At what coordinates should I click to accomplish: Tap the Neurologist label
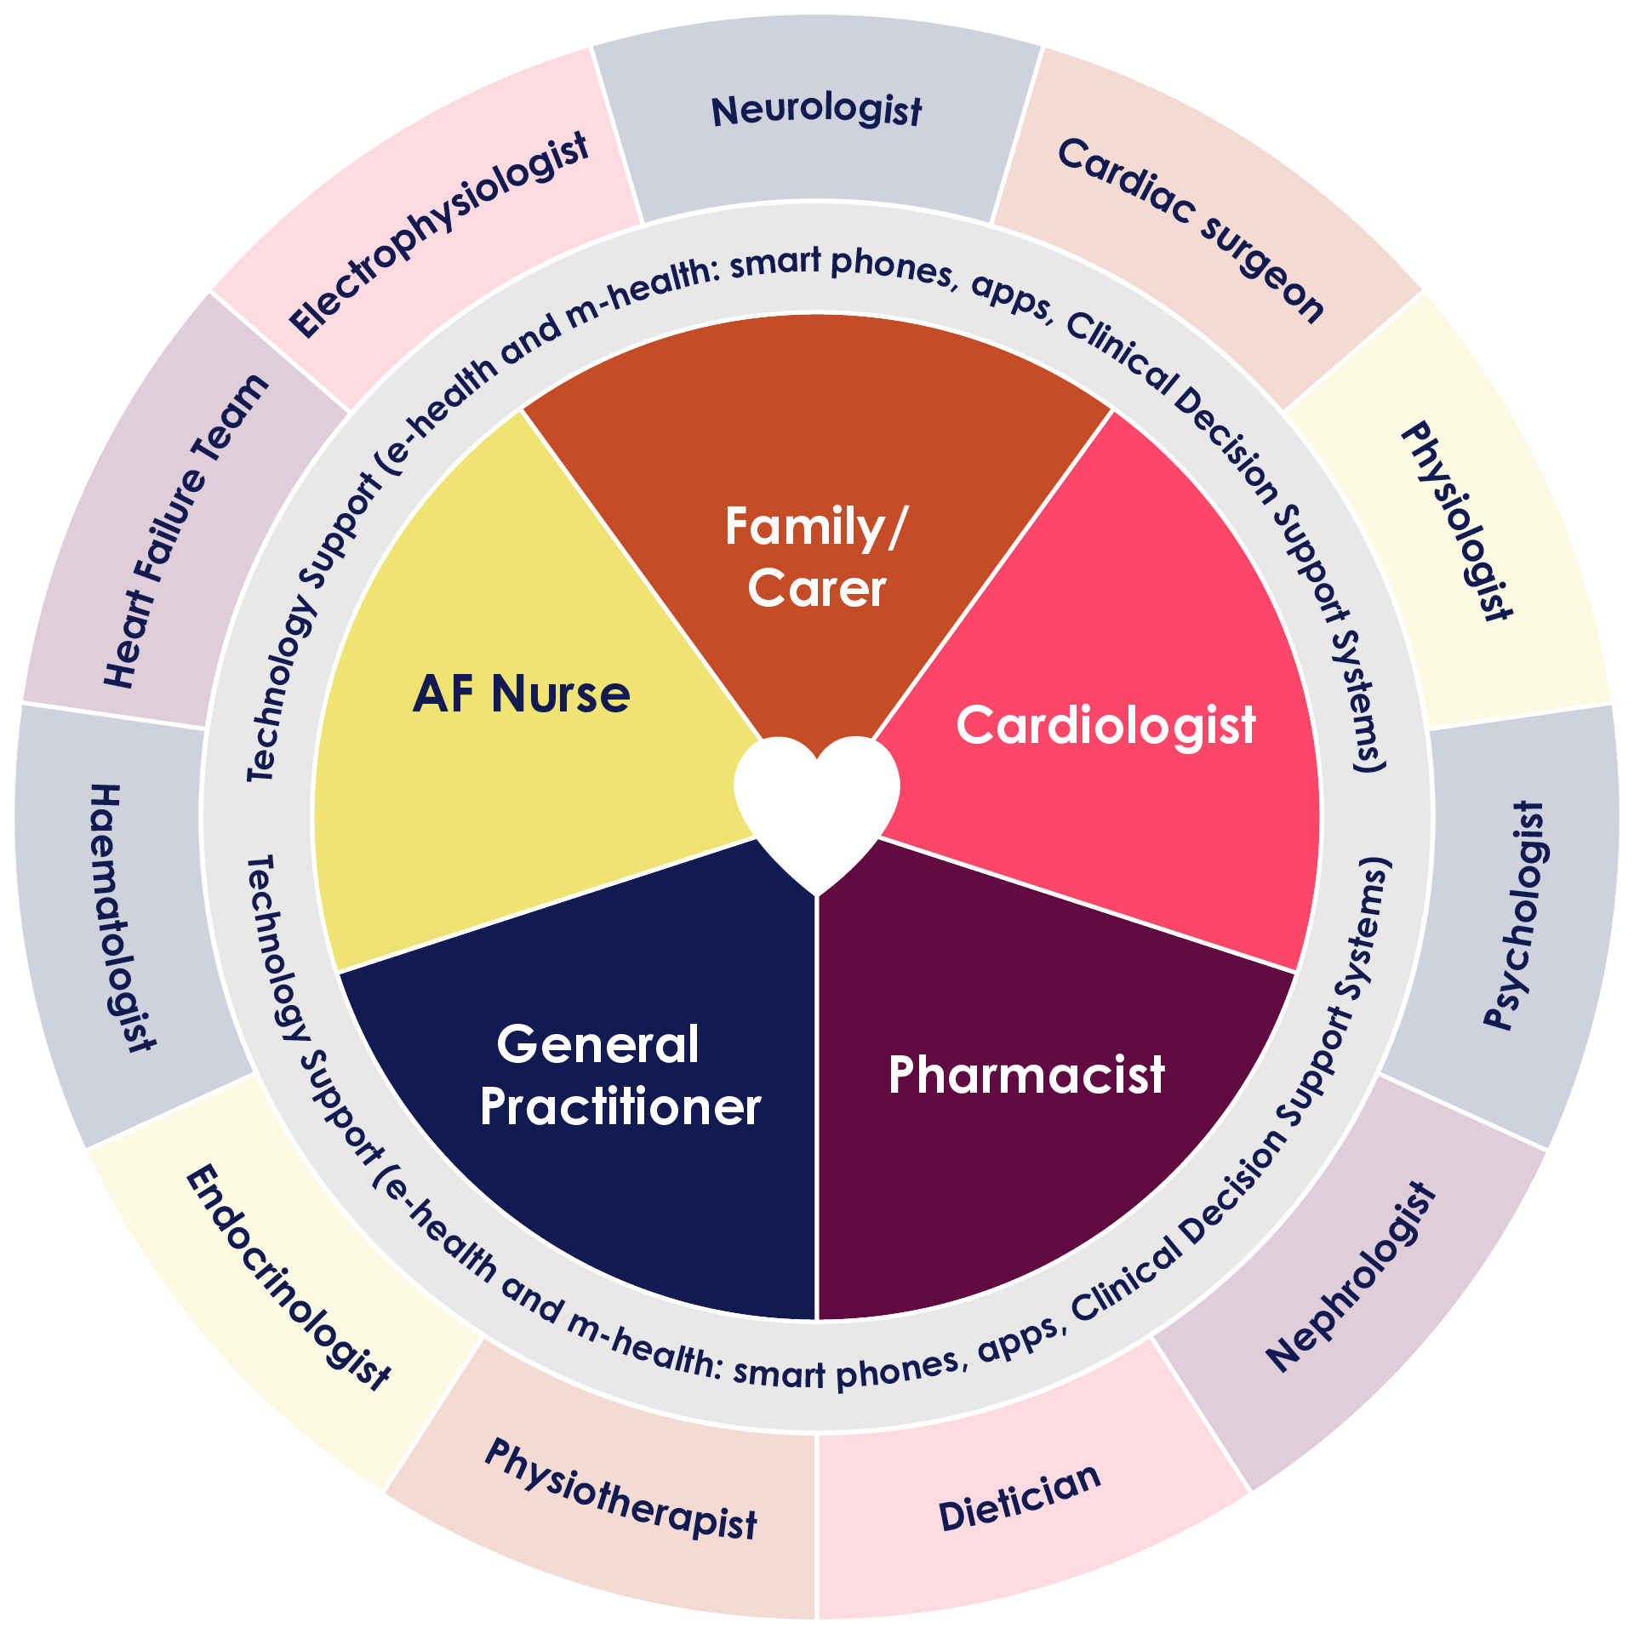click(x=817, y=111)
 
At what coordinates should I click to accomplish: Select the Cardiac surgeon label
click(x=1191, y=230)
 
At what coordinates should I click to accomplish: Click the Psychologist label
click(x=1515, y=916)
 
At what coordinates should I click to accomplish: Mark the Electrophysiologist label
click(x=438, y=235)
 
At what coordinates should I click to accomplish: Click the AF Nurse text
click(x=521, y=694)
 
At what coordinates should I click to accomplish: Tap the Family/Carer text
click(x=817, y=557)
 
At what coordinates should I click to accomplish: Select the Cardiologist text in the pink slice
click(x=1106, y=725)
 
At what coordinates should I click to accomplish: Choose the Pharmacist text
click(x=1026, y=1074)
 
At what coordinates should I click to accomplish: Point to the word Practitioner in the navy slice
click(x=620, y=1107)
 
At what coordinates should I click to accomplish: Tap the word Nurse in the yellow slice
click(x=562, y=694)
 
